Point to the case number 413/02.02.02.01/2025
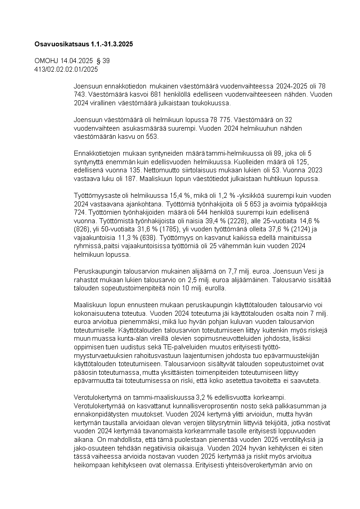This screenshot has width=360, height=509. [x=66, y=69]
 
